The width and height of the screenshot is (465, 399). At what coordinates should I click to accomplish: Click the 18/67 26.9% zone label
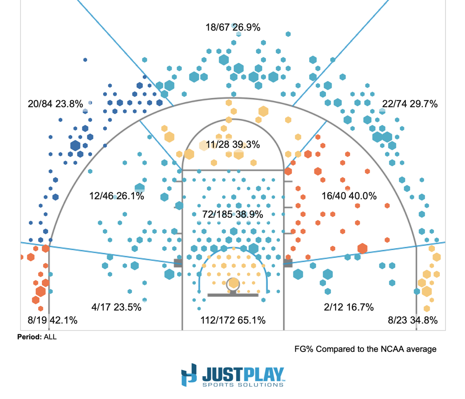(x=232, y=27)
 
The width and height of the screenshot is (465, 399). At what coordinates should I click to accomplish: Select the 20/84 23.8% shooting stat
(x=55, y=104)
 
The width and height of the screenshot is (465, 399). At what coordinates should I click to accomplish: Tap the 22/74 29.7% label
(x=410, y=104)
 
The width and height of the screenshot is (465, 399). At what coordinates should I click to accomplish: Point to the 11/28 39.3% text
(x=232, y=145)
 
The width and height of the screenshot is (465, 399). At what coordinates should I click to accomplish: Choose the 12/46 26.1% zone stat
(x=116, y=196)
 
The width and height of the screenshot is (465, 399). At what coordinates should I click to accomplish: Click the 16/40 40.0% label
(x=349, y=196)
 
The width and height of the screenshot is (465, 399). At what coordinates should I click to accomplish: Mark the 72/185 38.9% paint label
(x=232, y=215)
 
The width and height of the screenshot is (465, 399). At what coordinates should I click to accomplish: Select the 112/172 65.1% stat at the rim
(x=232, y=320)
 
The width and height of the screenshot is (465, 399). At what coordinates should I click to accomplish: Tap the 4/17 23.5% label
(x=116, y=307)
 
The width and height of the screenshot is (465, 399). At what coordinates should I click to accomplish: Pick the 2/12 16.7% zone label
(x=349, y=307)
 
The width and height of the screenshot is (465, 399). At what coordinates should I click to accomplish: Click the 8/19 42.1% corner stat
(x=52, y=320)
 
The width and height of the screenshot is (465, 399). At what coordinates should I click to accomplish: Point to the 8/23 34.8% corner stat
(x=413, y=320)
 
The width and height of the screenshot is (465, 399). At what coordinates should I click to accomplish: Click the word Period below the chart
(x=29, y=337)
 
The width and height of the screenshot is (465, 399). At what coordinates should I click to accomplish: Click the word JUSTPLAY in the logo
(x=243, y=373)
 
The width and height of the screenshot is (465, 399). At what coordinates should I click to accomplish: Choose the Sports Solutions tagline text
(x=243, y=385)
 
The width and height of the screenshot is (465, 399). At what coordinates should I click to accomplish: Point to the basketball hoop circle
(x=233, y=284)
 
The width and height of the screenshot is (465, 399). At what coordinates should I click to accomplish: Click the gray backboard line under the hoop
(x=232, y=295)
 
